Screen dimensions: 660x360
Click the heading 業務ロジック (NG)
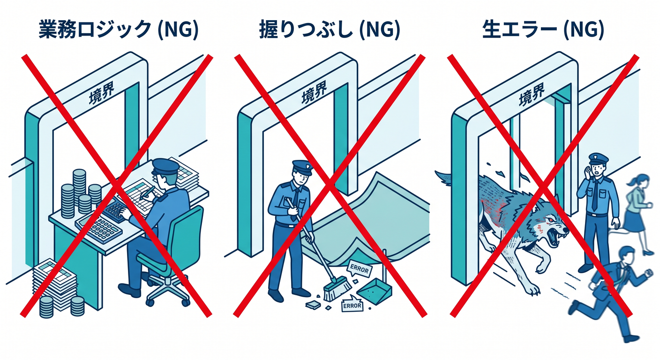click(119, 30)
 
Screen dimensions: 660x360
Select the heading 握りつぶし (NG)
click(330, 30)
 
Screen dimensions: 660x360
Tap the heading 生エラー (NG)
click(543, 30)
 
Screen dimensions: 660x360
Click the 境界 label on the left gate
click(102, 92)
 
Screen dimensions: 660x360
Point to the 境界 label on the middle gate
click(314, 92)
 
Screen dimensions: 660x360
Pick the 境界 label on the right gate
click(531, 94)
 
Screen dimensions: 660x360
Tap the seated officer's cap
click(165, 167)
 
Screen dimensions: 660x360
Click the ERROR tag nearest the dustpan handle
click(360, 269)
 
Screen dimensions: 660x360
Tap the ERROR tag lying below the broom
click(352, 305)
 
